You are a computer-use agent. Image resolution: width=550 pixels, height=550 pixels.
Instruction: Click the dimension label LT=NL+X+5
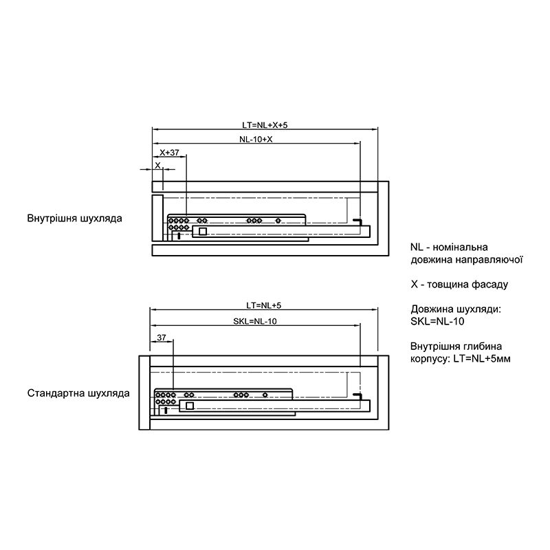265,125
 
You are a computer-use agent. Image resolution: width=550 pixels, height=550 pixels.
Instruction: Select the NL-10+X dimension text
256,140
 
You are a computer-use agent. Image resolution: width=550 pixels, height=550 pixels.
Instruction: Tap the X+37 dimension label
169,153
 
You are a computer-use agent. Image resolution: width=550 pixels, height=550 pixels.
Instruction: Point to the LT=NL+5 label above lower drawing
264,305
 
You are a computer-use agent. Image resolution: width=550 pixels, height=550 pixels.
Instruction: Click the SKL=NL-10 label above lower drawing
255,321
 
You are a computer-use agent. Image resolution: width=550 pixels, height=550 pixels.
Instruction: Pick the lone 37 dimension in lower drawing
162,338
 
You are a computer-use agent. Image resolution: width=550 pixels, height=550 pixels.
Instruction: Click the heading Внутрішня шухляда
75,218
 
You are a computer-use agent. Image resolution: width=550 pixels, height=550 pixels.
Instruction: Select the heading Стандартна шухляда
78,393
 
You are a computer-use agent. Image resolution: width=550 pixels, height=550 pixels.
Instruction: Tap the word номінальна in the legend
460,247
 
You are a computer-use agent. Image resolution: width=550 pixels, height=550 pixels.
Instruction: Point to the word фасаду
489,285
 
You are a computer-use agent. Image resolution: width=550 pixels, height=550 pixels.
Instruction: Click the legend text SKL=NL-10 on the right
437,321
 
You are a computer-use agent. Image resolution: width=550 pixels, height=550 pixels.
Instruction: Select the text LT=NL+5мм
482,359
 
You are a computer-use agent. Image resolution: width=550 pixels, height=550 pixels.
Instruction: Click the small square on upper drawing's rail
202,232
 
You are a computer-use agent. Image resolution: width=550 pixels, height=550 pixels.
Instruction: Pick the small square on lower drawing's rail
190,406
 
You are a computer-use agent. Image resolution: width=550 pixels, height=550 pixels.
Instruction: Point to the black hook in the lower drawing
358,395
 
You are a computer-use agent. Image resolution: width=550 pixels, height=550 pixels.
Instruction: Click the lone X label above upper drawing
157,165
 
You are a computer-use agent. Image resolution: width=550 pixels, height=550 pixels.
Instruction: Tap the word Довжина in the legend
432,309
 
